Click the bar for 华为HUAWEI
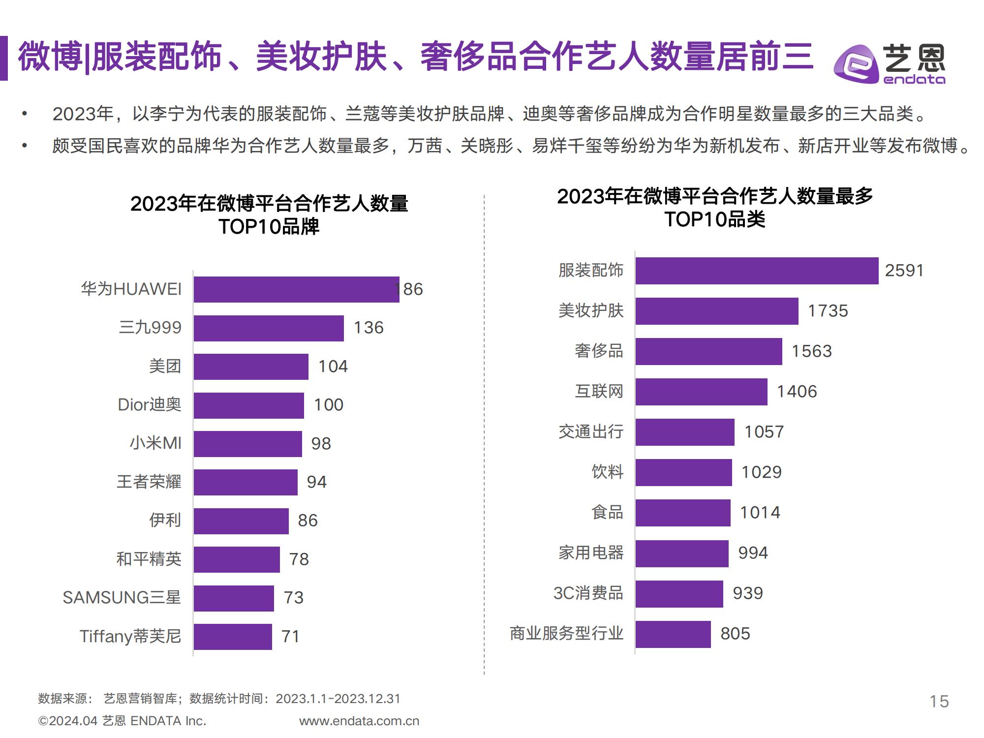click(x=296, y=289)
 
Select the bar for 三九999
click(x=269, y=328)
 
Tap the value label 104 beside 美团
click(x=333, y=367)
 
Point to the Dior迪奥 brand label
click(x=150, y=405)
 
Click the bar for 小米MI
click(x=247, y=444)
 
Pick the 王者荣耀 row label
click(x=149, y=482)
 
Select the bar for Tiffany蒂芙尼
click(x=233, y=637)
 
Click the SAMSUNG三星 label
click(x=122, y=598)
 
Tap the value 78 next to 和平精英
click(x=299, y=559)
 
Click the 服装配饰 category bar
click(x=757, y=271)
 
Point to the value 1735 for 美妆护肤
click(x=828, y=311)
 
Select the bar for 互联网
click(x=701, y=392)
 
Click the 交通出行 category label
click(x=591, y=432)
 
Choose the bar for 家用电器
click(x=682, y=553)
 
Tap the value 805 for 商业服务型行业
click(x=735, y=634)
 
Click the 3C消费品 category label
click(x=588, y=593)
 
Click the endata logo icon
click(x=856, y=64)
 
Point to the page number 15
click(x=939, y=701)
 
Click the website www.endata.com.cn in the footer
click(x=359, y=721)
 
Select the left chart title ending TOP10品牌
click(x=269, y=215)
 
